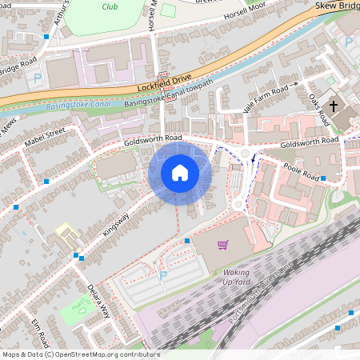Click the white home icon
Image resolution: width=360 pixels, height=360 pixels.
click(180, 173)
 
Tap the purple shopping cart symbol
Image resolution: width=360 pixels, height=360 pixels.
click(222, 245)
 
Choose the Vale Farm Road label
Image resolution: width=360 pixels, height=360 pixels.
click(266, 90)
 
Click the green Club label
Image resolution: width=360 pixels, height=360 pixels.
click(111, 6)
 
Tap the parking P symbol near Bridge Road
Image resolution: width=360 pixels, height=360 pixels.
click(37, 78)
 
